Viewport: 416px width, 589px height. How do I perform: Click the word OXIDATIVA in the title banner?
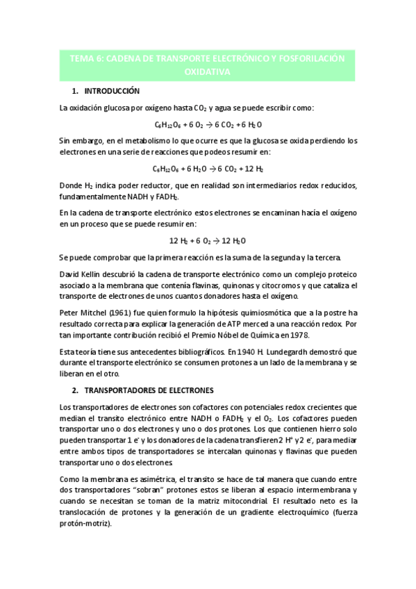[x=208, y=72]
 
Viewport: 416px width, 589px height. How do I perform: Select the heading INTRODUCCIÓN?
[x=112, y=92]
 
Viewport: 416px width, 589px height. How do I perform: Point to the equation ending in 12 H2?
[x=208, y=168]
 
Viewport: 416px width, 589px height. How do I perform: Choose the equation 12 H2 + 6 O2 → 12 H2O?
[x=208, y=241]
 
